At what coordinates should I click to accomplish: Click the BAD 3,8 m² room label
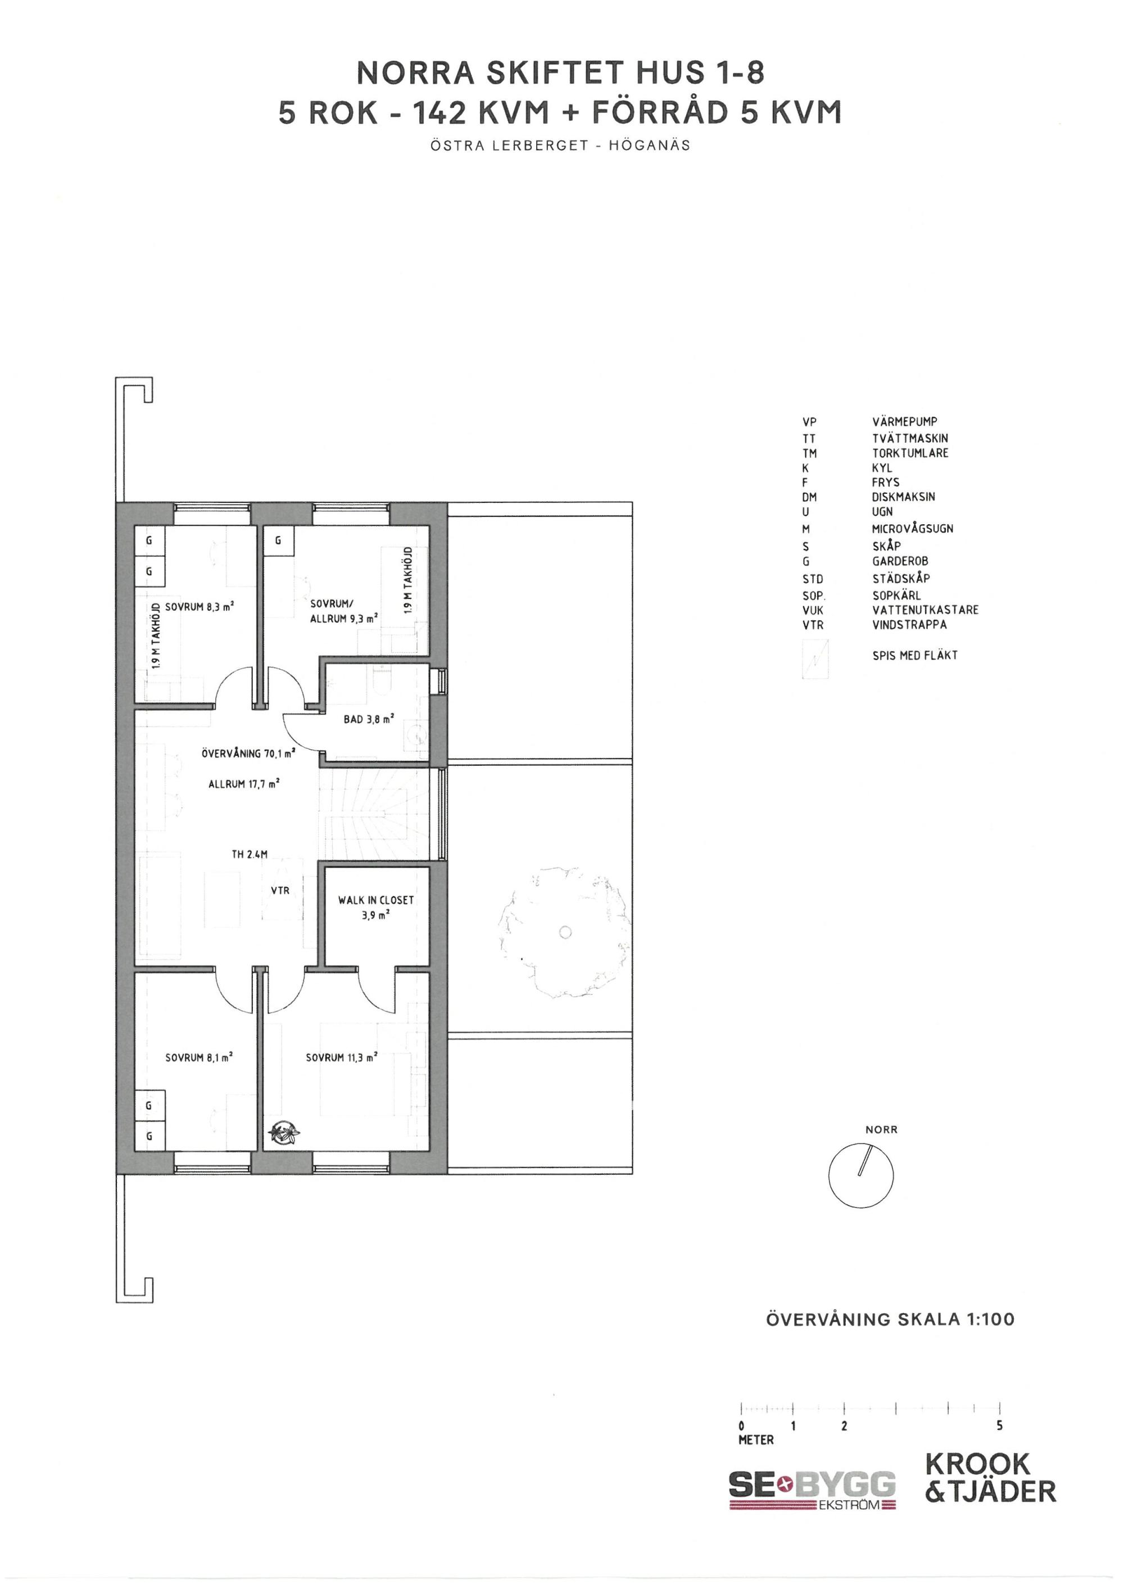(x=369, y=719)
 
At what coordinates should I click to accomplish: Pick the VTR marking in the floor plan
(x=280, y=890)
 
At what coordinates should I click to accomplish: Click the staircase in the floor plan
(x=374, y=815)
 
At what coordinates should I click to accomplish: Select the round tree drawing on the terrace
(x=565, y=932)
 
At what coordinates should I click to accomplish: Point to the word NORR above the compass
(x=881, y=1129)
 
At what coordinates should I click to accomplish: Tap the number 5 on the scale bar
(x=999, y=1425)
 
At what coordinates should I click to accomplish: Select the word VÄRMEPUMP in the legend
(x=905, y=421)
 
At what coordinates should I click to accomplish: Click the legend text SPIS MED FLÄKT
(x=915, y=655)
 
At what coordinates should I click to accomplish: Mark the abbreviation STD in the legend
(x=813, y=579)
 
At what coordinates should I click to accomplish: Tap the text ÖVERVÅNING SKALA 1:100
(x=890, y=1319)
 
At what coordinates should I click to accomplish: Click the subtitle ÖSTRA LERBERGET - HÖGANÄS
(x=561, y=146)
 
